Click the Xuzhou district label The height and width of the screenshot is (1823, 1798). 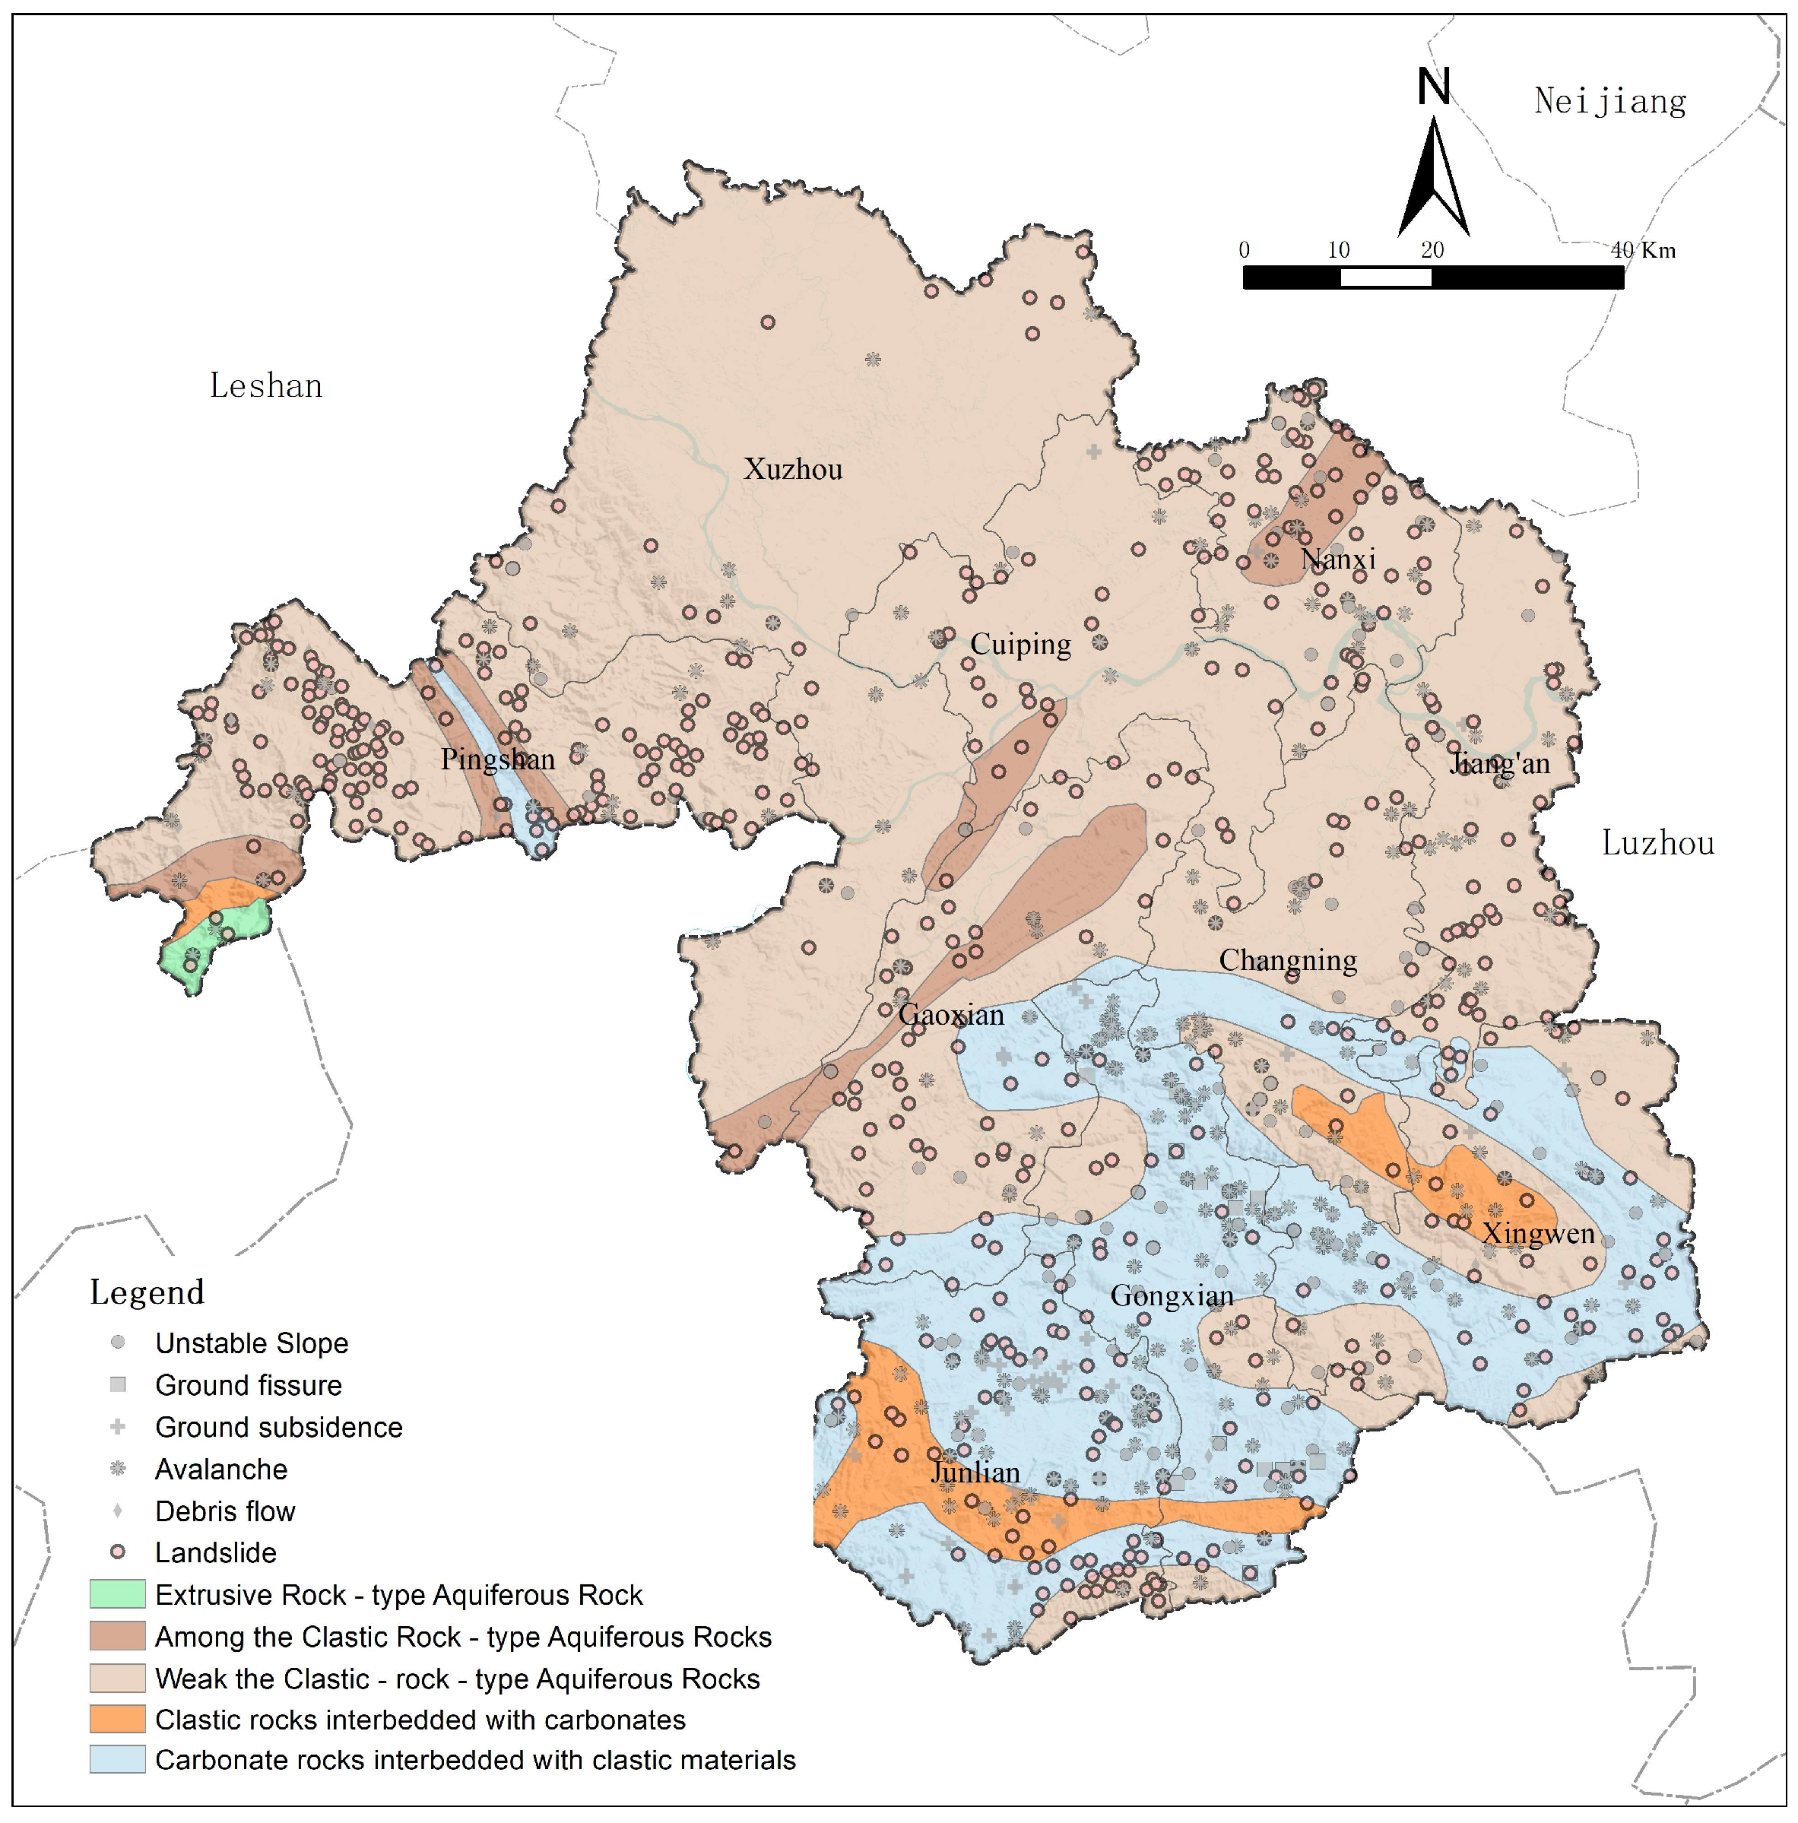[x=792, y=469]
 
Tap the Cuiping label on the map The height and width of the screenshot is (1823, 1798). [x=1020, y=645]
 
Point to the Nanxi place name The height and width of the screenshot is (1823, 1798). [x=1337, y=559]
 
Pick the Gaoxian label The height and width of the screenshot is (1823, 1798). [x=950, y=1016]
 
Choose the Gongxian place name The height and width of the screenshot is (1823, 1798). [x=1172, y=1296]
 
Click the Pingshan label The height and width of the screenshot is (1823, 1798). [x=497, y=759]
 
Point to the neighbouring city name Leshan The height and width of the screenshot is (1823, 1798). [x=265, y=386]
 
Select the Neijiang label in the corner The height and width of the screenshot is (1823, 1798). [x=1609, y=102]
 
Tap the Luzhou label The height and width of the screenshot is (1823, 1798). [x=1657, y=842]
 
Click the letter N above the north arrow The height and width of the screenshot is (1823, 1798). [x=1434, y=87]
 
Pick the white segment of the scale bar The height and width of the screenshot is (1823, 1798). [x=1385, y=277]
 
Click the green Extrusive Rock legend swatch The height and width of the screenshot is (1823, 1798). [x=118, y=1595]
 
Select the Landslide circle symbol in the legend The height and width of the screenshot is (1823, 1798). [x=118, y=1552]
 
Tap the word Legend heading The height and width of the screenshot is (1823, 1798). [x=147, y=1292]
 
